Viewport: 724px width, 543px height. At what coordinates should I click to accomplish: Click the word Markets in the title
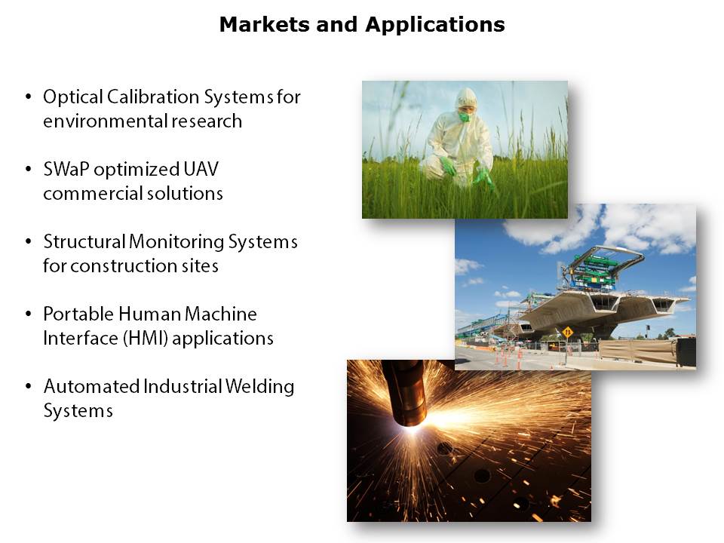coord(265,24)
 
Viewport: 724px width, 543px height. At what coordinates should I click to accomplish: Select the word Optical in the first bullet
coord(73,97)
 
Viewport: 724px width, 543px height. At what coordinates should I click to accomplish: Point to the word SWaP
coord(66,170)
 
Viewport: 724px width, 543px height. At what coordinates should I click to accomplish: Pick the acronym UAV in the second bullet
coord(201,169)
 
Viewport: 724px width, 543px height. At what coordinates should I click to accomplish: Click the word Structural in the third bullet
coord(84,241)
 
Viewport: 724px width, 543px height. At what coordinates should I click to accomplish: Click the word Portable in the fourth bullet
coord(78,314)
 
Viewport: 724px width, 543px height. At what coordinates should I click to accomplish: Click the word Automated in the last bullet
coord(91,386)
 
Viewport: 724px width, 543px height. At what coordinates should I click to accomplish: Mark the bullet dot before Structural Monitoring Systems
coord(29,241)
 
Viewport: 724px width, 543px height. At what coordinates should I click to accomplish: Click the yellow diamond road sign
coord(567,332)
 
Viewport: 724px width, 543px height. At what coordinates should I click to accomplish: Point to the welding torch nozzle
coord(406,393)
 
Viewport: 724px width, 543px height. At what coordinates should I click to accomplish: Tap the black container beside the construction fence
coord(686,352)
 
